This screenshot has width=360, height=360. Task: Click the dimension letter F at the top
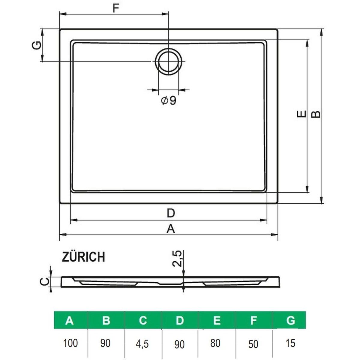[116, 8]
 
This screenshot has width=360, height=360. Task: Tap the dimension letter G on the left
[36, 45]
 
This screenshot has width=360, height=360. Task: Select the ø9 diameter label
[169, 101]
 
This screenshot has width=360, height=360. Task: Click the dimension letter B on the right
[316, 114]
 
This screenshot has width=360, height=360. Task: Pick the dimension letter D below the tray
[171, 213]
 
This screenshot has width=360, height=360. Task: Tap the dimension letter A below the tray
[171, 229]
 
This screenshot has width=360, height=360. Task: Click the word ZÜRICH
[83, 257]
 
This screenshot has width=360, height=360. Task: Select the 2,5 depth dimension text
[177, 259]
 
